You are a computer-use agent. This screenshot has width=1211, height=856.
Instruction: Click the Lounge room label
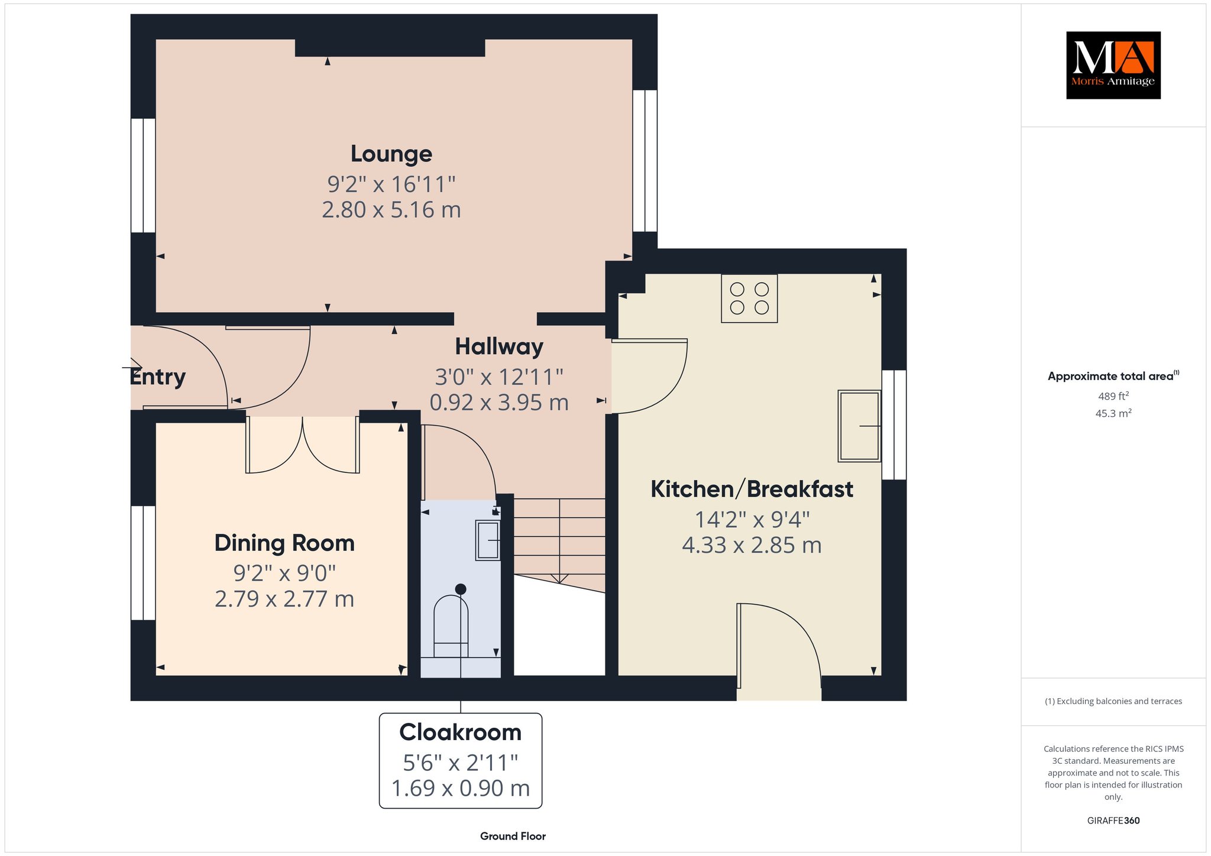point(391,154)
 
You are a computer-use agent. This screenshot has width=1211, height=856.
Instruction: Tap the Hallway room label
point(499,347)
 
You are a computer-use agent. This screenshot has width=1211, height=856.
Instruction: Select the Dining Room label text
point(284,543)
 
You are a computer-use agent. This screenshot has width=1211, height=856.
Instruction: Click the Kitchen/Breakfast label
point(752,489)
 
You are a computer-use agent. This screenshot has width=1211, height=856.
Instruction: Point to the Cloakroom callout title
point(461,732)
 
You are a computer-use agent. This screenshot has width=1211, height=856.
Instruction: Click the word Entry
point(158,377)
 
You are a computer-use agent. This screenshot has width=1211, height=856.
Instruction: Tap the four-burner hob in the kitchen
point(749,299)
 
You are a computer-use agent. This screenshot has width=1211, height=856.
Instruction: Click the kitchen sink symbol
point(859,426)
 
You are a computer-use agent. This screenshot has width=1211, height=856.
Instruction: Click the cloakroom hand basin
point(488,540)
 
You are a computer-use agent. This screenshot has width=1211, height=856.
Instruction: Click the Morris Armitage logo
point(1113,65)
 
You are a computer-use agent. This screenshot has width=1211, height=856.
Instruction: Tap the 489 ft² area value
point(1113,396)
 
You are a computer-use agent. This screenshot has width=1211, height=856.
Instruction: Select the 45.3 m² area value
point(1113,413)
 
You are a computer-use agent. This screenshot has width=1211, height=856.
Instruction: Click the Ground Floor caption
point(513,836)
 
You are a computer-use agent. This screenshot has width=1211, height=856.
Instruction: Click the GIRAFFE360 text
point(1113,821)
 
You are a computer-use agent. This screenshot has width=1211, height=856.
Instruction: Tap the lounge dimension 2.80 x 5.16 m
point(391,210)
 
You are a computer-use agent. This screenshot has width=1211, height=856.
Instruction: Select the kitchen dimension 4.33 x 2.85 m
point(752,545)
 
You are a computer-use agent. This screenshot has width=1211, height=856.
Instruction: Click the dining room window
point(143,563)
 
